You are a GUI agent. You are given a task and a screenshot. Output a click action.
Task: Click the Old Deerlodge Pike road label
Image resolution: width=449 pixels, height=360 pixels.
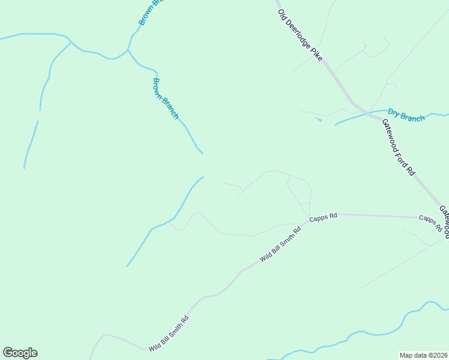tap(300, 35)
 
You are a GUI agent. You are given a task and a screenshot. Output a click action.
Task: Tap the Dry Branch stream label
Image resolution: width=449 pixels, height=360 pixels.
tap(406, 115)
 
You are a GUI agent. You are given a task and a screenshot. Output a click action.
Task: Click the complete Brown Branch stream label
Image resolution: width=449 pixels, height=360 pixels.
tap(165, 98)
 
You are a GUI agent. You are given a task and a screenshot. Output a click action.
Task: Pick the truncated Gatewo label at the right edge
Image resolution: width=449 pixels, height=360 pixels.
tap(444, 219)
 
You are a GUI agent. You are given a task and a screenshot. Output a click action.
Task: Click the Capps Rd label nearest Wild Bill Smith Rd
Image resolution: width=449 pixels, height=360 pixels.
tap(324, 217)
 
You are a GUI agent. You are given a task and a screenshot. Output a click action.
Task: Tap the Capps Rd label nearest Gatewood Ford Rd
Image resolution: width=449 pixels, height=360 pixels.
tap(430, 223)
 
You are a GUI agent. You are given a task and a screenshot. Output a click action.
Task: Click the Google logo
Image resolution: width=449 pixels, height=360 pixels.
tap(20, 353)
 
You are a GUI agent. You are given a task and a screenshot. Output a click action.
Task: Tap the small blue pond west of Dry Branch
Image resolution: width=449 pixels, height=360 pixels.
tap(318, 120)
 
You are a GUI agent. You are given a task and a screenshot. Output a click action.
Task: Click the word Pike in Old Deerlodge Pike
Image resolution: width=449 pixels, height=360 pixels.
tap(316, 54)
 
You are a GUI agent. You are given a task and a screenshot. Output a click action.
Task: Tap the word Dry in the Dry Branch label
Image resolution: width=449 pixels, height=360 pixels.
tap(394, 112)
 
